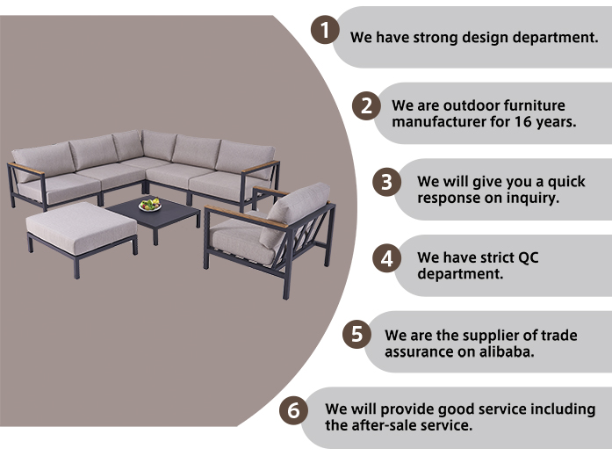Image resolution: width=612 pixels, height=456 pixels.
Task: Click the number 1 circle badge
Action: tap(325, 30)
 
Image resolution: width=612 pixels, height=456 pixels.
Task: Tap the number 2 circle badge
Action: tap(366, 105)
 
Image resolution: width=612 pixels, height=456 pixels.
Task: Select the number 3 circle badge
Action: tap(387, 182)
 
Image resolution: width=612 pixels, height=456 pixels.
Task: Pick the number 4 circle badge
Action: tap(387, 258)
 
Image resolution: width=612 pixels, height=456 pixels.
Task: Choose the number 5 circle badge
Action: tap(356, 334)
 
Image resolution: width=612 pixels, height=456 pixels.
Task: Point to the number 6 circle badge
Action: tap(293, 410)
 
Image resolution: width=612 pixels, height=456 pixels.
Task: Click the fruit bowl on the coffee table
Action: tap(150, 205)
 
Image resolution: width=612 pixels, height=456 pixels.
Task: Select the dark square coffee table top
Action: tap(153, 214)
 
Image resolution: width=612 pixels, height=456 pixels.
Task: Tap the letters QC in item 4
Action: tap(528, 258)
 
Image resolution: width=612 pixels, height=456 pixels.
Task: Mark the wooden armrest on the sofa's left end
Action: tap(25, 169)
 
